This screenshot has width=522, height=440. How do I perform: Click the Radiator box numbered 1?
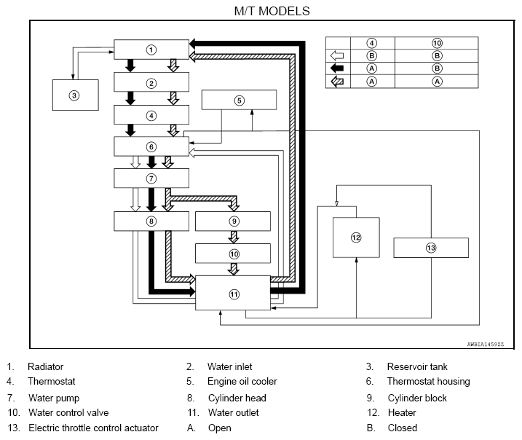pos(151,50)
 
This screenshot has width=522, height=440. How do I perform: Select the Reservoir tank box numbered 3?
pos(76,95)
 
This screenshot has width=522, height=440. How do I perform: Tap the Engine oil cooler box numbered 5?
pos(239,100)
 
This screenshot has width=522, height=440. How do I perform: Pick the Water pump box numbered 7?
pos(151,178)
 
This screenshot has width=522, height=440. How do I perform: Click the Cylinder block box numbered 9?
pos(233,221)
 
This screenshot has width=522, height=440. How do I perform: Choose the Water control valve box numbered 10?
pos(233,254)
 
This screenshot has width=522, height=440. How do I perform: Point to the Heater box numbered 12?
pos(356,237)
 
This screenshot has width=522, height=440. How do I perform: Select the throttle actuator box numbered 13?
pos(431,248)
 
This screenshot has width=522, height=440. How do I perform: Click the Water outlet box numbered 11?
pos(233,293)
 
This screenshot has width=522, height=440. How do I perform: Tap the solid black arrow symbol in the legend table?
pos(337,68)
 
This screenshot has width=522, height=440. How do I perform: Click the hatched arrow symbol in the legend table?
pos(337,82)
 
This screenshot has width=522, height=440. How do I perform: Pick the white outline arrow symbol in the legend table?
pos(337,55)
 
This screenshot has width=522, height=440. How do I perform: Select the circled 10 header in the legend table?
pos(437,43)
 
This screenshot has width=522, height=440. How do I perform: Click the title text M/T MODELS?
pos(272,11)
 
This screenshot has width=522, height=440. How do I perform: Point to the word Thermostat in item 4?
pos(52,381)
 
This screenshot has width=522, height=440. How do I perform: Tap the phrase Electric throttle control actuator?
pos(93,428)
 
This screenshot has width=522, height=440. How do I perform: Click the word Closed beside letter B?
pos(403,428)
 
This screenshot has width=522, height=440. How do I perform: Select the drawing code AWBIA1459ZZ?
pos(486,345)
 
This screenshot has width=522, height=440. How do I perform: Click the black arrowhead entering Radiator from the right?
pos(192,43)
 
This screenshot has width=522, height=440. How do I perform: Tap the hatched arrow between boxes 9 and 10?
pos(234,237)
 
